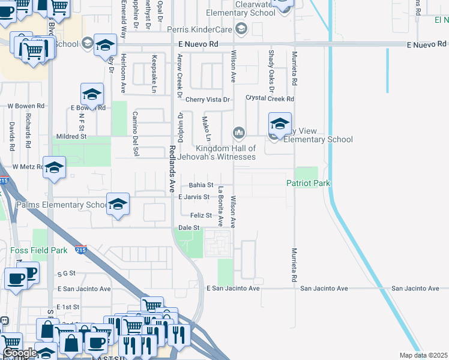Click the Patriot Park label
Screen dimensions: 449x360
(309, 183)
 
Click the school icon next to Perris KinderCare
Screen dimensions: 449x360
(241, 28)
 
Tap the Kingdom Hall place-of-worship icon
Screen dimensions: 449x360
(239, 132)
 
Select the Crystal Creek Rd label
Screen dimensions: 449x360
(270, 98)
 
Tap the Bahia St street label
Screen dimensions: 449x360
(201, 185)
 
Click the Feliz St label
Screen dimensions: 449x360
(200, 215)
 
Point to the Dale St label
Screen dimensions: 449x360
(188, 228)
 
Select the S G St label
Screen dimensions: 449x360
(67, 273)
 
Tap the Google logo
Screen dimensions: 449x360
(20, 353)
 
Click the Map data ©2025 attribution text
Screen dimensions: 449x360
(423, 355)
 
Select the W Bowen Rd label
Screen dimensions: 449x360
(26, 106)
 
